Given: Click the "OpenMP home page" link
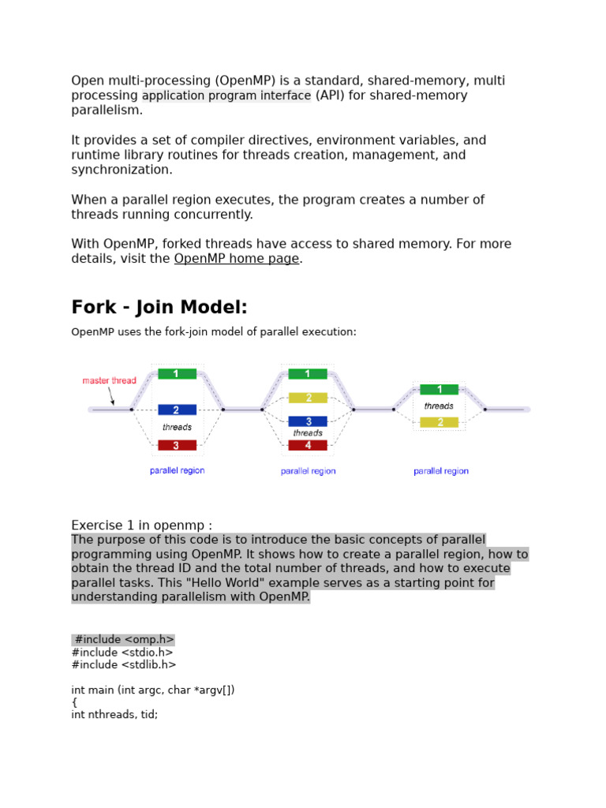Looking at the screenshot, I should tap(237, 259).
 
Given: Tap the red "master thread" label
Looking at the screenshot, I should tap(109, 380).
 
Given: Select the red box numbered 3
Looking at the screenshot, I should tap(177, 446).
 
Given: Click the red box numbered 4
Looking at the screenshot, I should tap(308, 446).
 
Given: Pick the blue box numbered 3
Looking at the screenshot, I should tap(308, 421).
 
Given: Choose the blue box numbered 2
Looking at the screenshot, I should tap(177, 410).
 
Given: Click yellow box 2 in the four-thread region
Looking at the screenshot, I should tap(308, 398).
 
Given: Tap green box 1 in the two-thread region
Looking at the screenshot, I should tap(439, 389).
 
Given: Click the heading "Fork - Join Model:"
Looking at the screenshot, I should tap(159, 307).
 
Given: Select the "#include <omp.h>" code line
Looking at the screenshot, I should tap(124, 639).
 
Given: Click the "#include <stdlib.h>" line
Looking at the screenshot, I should tap(124, 664).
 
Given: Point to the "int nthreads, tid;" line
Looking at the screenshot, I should tap(114, 716).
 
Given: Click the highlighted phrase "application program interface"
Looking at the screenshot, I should tap(226, 95).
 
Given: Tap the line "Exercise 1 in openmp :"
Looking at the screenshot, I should tap(142, 526).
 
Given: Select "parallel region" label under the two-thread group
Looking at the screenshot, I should tap(441, 471).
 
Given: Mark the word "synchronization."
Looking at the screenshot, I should tap(122, 170).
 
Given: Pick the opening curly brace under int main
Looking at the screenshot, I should tap(75, 702).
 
